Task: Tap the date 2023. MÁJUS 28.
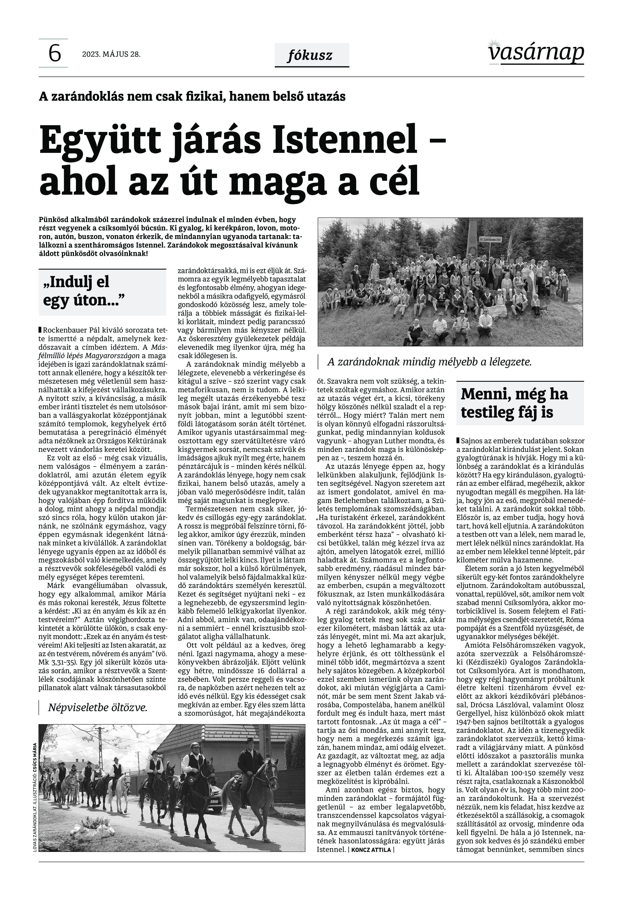click(x=111, y=55)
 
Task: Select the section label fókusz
click(x=311, y=55)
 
